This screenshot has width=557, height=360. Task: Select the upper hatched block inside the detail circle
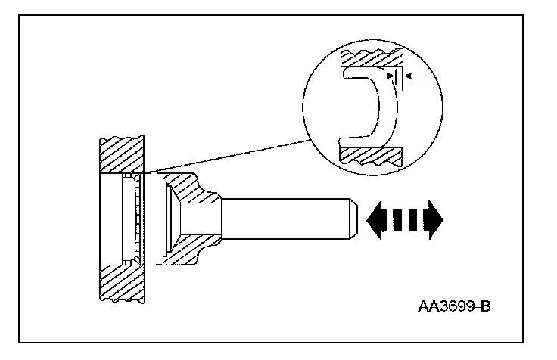point(370,59)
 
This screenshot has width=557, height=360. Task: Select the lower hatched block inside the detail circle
point(370,154)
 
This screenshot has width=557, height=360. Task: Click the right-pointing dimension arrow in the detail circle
point(387,76)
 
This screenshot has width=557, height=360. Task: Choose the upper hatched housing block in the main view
point(123,155)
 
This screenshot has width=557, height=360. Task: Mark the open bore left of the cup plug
point(110,219)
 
